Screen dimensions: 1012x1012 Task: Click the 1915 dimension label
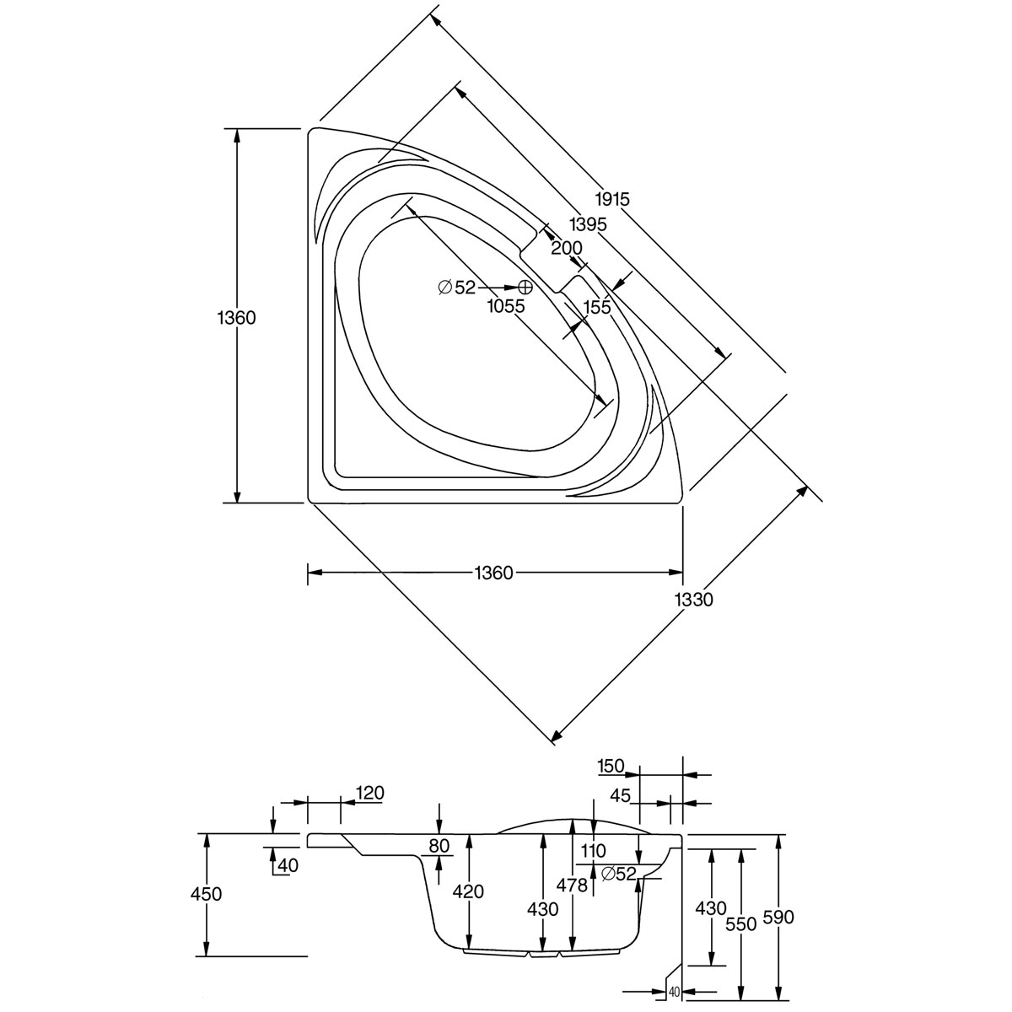pos(612,200)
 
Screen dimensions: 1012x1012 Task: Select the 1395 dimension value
pos(588,224)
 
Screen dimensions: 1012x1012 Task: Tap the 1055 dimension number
pos(505,307)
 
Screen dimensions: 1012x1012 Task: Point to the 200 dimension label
pos(567,248)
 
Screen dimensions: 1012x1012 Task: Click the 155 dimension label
pos(596,307)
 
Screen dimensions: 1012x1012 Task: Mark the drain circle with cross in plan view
pos(525,288)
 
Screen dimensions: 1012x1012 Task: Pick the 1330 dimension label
pos(694,600)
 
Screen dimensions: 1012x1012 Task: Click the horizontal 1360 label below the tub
pos(493,573)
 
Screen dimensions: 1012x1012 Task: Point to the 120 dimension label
pos(370,793)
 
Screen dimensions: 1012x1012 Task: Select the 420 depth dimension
pos(468,891)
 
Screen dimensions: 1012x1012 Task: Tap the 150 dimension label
pos(611,766)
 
